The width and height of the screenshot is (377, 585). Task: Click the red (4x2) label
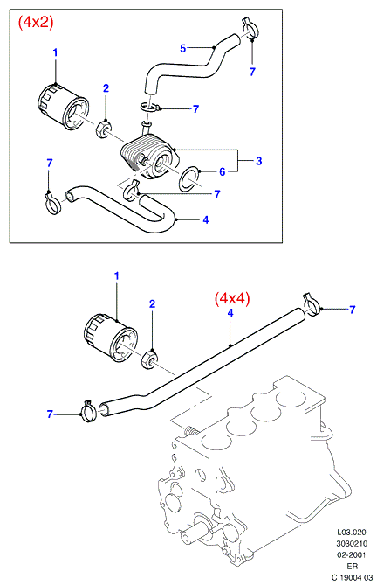[36, 23]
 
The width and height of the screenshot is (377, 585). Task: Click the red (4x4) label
[232, 298]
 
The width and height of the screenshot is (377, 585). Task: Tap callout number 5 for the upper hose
[182, 48]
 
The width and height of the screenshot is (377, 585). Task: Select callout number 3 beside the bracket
[259, 161]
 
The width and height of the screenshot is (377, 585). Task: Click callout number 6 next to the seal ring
[223, 171]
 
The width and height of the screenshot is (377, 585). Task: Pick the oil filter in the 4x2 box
[64, 108]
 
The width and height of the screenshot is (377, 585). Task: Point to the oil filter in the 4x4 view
[109, 338]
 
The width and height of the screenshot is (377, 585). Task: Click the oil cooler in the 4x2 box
[150, 157]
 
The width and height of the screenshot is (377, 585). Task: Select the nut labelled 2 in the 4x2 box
[103, 128]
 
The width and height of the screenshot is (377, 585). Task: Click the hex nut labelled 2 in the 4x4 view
[149, 359]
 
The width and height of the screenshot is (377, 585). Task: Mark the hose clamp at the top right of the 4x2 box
[249, 29]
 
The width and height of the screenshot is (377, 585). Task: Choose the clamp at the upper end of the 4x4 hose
[312, 305]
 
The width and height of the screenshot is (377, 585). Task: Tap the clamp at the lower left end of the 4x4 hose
[89, 411]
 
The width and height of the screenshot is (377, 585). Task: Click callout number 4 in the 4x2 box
[206, 219]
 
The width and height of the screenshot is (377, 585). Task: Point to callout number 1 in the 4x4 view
[116, 276]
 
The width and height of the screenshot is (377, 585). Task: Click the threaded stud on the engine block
[191, 431]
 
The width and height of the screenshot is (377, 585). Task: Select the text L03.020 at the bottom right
[352, 532]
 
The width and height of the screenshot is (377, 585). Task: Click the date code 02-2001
[352, 554]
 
